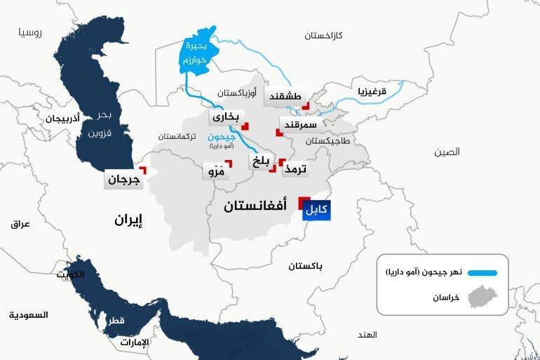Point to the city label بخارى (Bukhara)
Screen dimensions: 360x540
coord(226,116)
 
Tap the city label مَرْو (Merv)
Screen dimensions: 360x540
coord(215,171)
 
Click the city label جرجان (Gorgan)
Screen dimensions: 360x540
coord(124,180)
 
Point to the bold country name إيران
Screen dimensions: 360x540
coord(129,220)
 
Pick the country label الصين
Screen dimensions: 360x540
coord(446,152)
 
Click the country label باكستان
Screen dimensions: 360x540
coord(306,267)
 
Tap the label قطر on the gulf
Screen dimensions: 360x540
coord(116,321)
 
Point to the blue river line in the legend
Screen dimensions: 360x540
coord(482,273)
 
